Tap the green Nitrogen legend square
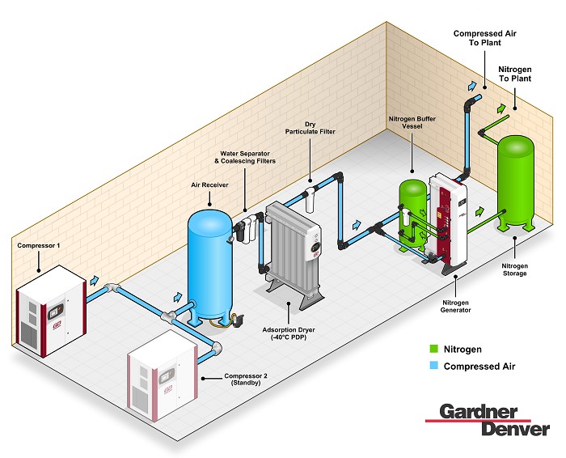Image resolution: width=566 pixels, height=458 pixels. click(434, 349)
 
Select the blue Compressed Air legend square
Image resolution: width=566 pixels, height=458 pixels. click(434, 366)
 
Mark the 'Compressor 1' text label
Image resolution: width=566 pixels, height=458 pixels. click(38, 244)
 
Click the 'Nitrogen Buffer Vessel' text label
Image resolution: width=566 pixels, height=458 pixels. click(412, 123)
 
